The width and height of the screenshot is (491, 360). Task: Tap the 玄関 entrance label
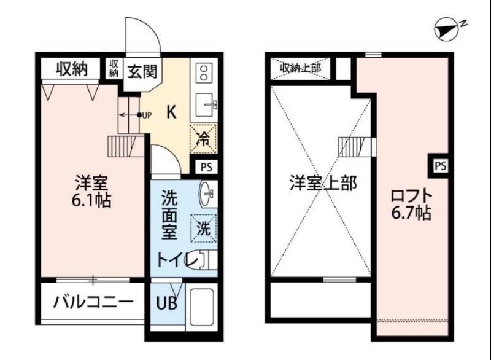(x=142, y=70)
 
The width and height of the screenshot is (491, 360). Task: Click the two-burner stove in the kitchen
(x=203, y=74)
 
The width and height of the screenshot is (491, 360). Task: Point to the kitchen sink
(x=204, y=106)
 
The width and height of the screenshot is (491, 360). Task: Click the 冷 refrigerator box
(x=203, y=137)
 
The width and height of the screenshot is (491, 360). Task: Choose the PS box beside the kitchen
(x=205, y=166)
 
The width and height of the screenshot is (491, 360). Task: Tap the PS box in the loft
(x=440, y=165)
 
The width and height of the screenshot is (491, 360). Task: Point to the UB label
(x=164, y=303)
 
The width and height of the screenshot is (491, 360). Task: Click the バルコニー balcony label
(x=92, y=302)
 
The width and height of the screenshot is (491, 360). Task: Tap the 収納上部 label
(x=301, y=68)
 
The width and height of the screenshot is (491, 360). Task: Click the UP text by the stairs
(x=147, y=115)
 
